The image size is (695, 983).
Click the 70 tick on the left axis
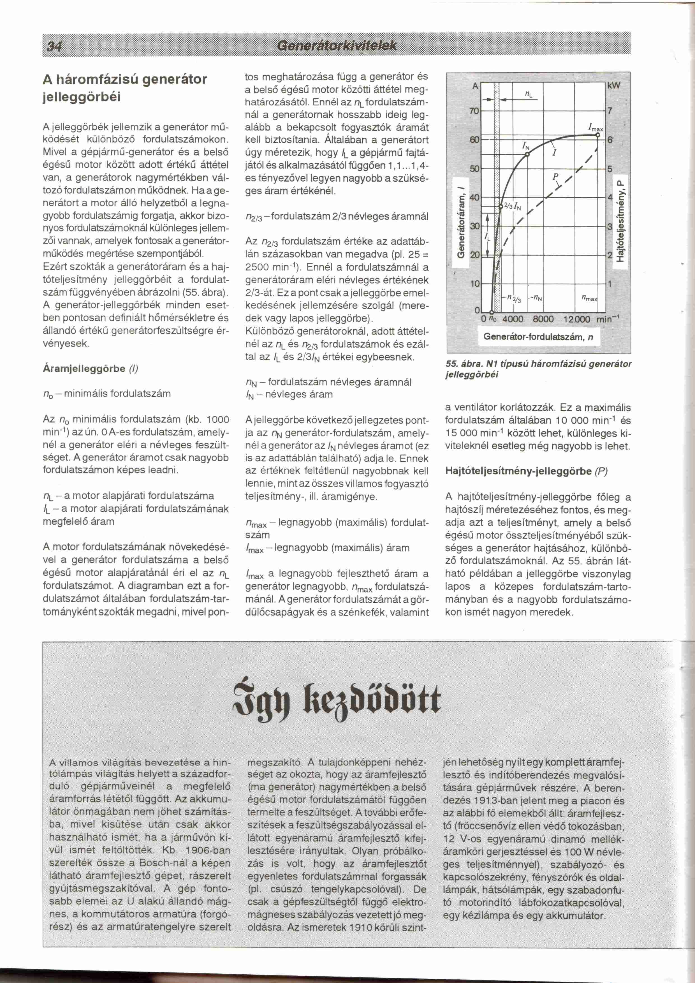pos(474,111)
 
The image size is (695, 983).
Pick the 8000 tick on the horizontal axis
pos(543,319)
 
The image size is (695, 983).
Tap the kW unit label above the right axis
pos(614,85)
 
